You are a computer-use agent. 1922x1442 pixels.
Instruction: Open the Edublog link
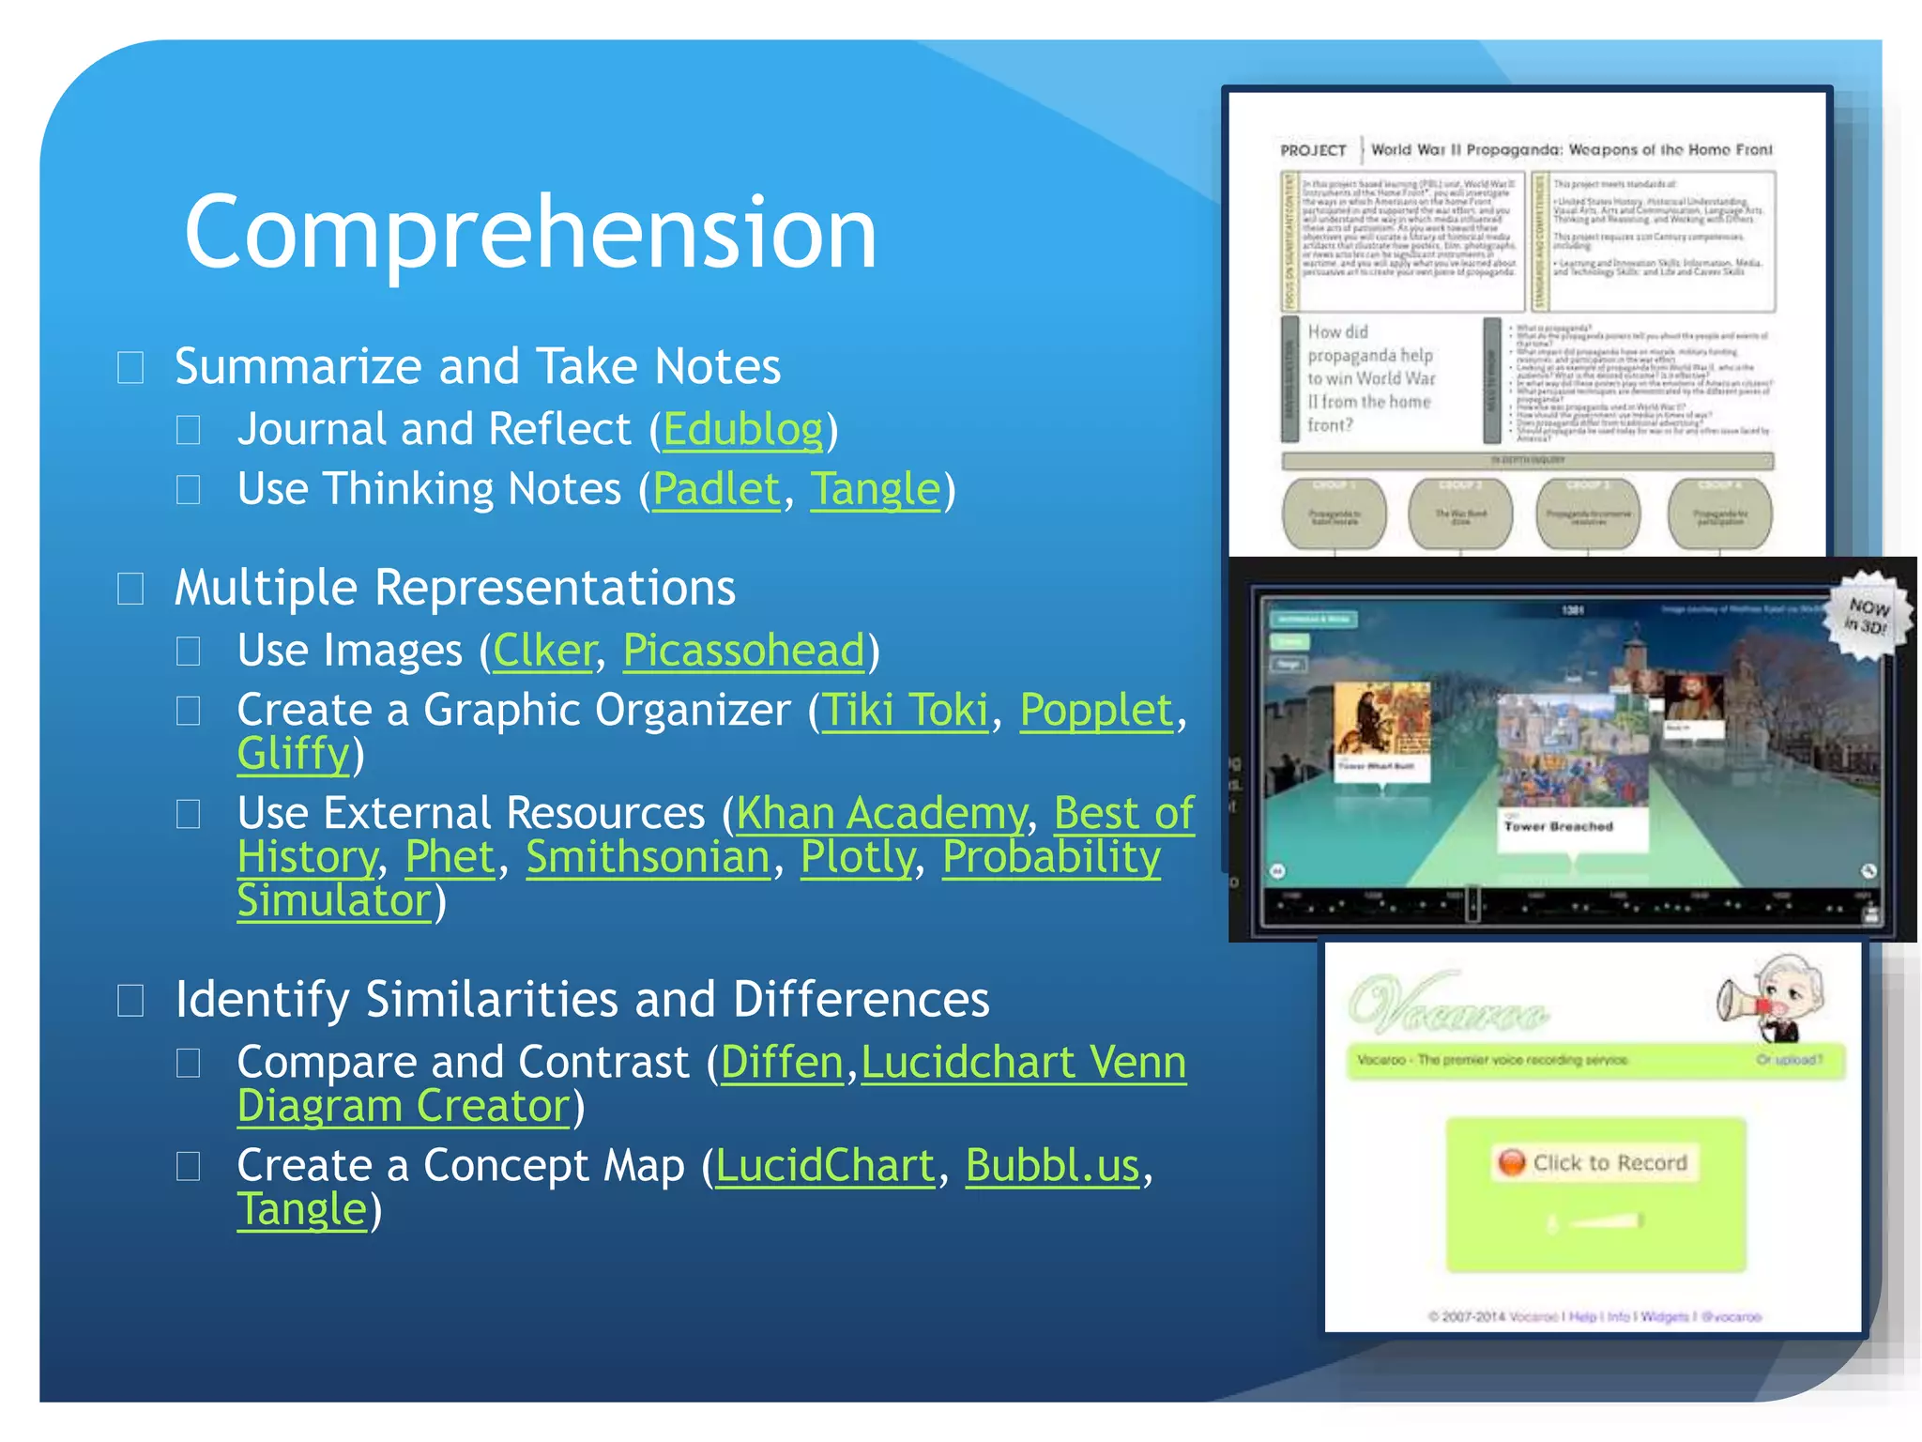(x=742, y=430)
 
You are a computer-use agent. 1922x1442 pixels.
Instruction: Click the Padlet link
(x=716, y=489)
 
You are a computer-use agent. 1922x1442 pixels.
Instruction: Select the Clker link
(x=544, y=651)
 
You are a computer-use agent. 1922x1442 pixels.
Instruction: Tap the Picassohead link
(x=743, y=651)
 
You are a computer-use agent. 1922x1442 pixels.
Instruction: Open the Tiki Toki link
(x=906, y=711)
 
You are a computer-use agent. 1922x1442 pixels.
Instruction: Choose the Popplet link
(x=1096, y=711)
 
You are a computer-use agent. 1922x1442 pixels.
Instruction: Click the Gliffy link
(x=293, y=754)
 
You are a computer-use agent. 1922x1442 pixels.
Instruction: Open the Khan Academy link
(x=881, y=814)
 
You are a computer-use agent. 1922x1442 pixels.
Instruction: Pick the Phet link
(x=450, y=857)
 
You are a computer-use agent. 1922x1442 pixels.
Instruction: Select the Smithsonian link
(x=648, y=857)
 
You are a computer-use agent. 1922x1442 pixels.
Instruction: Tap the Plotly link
(x=857, y=857)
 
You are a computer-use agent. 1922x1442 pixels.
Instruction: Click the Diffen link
(x=782, y=1063)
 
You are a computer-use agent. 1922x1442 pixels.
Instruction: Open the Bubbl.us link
(x=1052, y=1166)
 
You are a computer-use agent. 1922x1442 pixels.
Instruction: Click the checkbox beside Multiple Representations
(x=130, y=590)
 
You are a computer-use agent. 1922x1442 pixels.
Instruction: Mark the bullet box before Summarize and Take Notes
(x=130, y=368)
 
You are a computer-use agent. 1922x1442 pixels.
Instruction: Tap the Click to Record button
(x=1595, y=1163)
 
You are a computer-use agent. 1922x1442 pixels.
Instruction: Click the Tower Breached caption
(x=1559, y=827)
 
